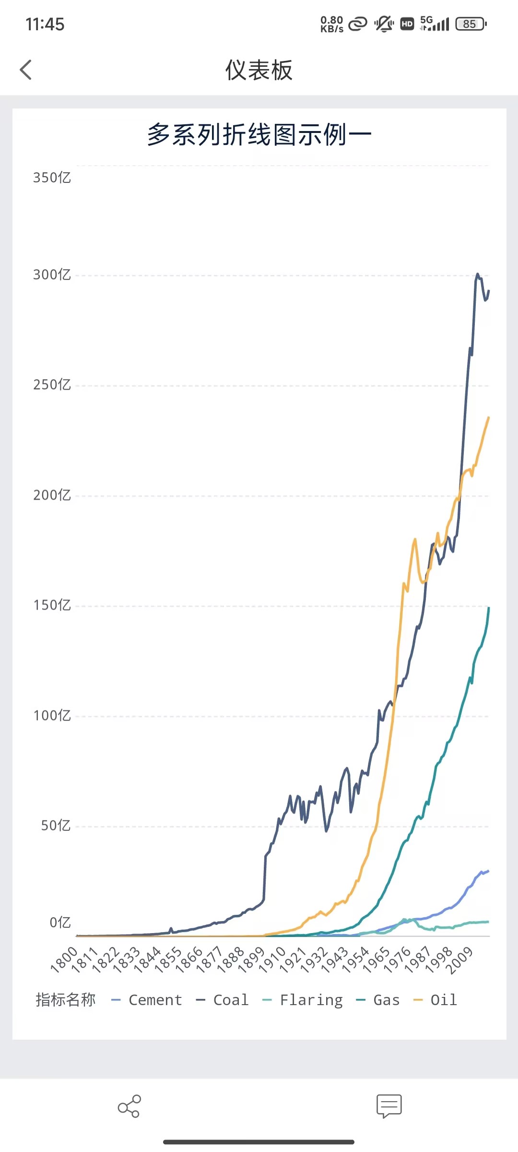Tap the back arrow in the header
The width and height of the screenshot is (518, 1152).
tap(26, 70)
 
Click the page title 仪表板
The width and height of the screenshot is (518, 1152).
tap(259, 71)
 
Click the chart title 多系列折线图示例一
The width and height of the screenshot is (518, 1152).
tap(259, 134)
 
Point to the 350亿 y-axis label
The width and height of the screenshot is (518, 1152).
tap(52, 178)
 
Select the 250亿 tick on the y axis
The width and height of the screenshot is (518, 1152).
tap(52, 384)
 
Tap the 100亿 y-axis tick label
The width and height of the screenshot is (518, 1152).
tap(52, 716)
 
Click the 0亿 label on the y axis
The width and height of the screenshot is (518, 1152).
tap(60, 923)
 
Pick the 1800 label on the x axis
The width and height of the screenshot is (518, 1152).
tap(64, 959)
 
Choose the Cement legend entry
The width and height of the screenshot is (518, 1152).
tap(147, 1000)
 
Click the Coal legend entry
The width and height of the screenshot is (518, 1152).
tap(223, 1000)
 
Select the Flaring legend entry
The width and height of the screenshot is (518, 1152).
tap(303, 1000)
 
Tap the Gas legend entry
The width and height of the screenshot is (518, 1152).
tap(378, 1000)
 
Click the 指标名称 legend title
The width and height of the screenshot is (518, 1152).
tap(66, 1000)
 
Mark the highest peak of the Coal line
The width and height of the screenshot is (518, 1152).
tap(477, 275)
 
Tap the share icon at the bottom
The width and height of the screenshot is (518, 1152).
tap(129, 1106)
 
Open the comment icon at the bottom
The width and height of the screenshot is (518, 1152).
tap(389, 1106)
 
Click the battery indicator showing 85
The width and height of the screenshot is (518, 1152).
tap(471, 24)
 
